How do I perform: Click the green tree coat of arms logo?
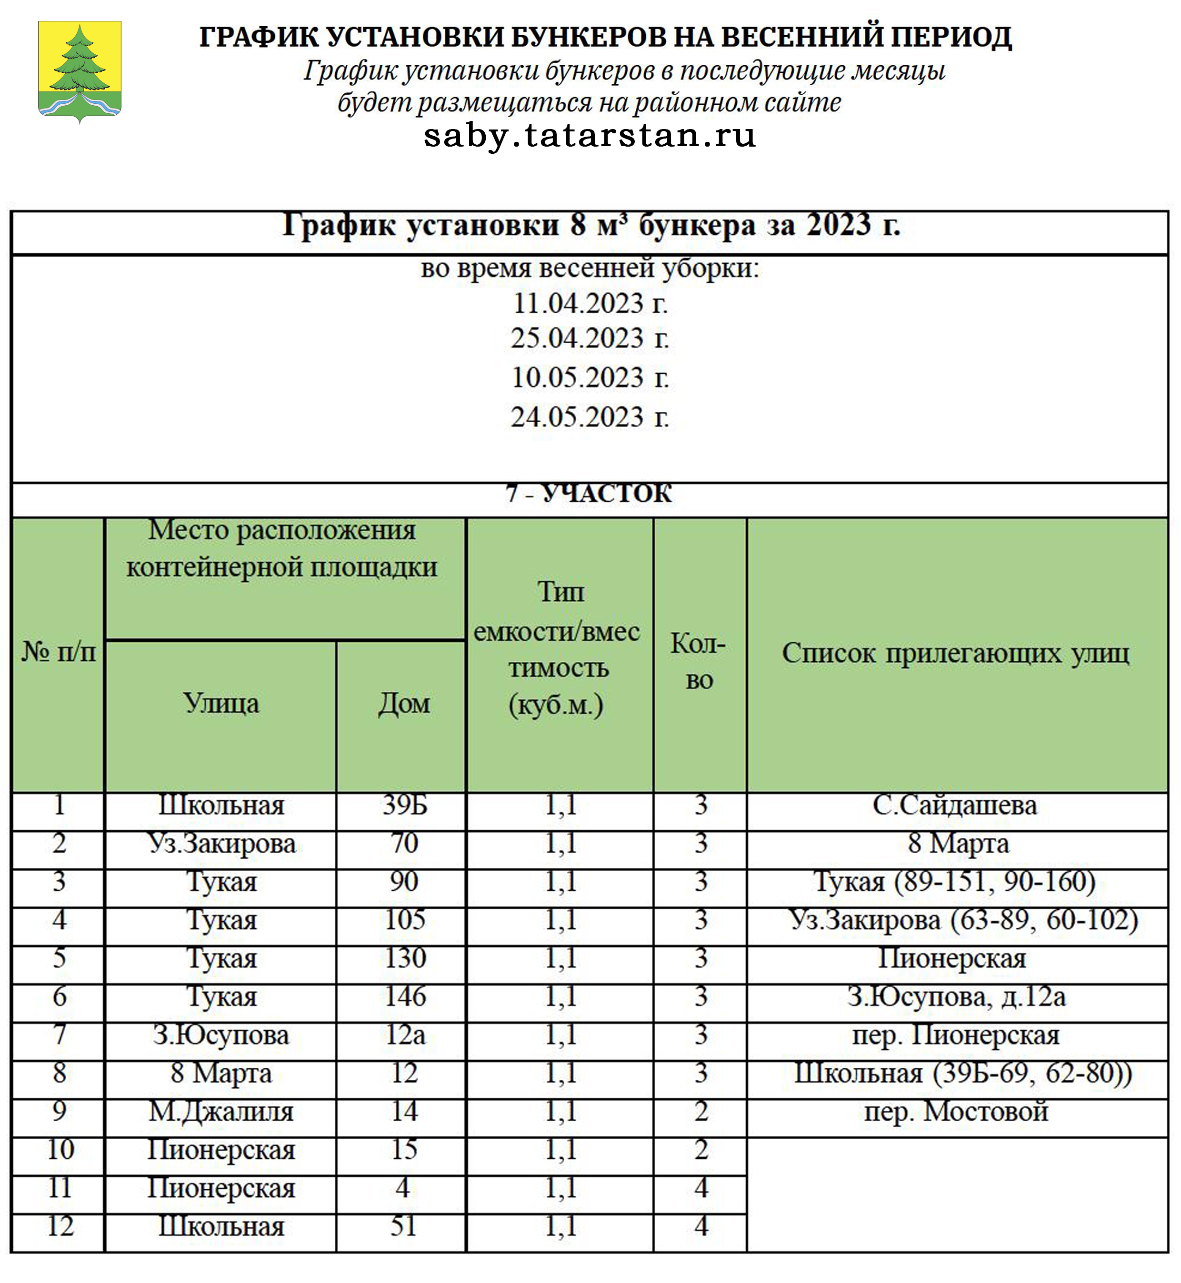(x=79, y=71)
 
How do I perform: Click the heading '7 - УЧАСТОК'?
(x=589, y=494)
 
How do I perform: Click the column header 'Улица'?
(x=221, y=704)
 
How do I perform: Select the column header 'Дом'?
(x=404, y=704)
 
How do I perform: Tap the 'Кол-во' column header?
(x=699, y=661)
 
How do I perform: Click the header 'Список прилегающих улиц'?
(x=956, y=653)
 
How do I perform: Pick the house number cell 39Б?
(x=404, y=805)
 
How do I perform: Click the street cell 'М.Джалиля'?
(x=221, y=1112)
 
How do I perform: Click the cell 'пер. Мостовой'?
(x=956, y=1112)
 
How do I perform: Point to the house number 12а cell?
(x=404, y=1035)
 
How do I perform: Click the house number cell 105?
(x=404, y=920)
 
